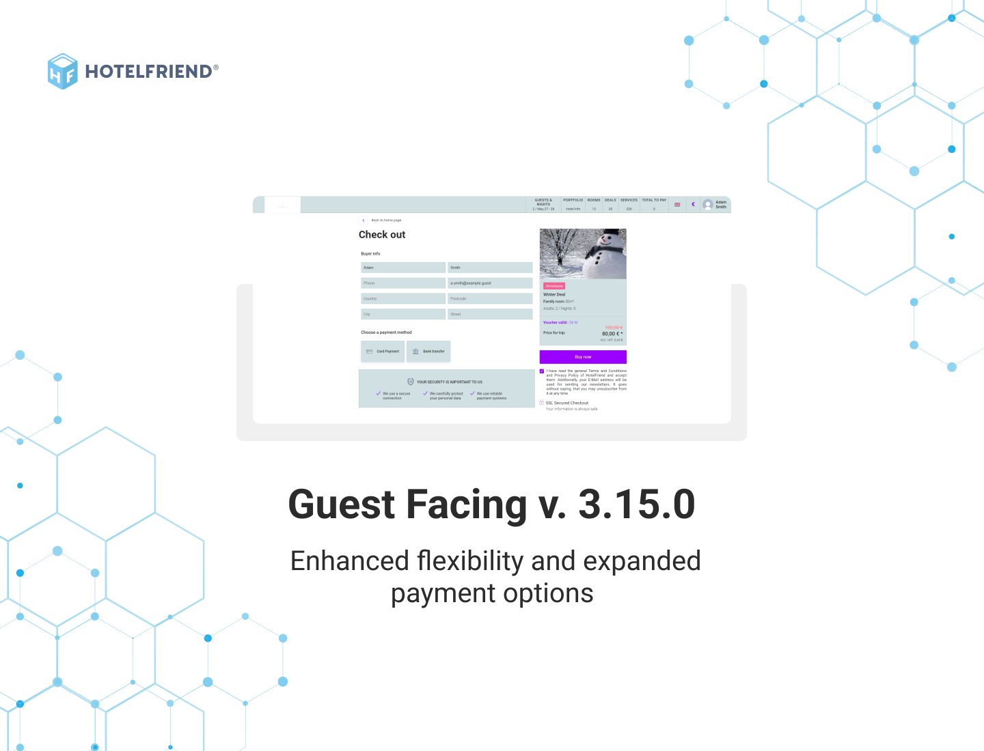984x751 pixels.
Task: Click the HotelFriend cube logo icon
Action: pyautogui.click(x=62, y=71)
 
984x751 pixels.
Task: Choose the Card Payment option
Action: pyautogui.click(x=383, y=352)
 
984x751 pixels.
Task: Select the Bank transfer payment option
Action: pyautogui.click(x=428, y=352)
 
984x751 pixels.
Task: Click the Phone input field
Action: pyautogui.click(x=403, y=283)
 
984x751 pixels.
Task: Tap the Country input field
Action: pyautogui.click(x=403, y=299)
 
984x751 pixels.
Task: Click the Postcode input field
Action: pyautogui.click(x=490, y=299)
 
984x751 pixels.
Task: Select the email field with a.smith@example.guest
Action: pyautogui.click(x=490, y=283)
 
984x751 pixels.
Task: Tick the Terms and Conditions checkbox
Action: pyautogui.click(x=542, y=371)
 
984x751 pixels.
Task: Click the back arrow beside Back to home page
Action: pyautogui.click(x=364, y=221)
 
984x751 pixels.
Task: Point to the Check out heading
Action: pyautogui.click(x=382, y=235)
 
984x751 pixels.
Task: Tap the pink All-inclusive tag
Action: pyautogui.click(x=554, y=286)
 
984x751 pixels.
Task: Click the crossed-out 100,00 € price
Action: pyautogui.click(x=614, y=328)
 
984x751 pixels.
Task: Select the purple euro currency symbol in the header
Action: pyautogui.click(x=693, y=204)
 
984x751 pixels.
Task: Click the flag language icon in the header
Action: pyautogui.click(x=677, y=204)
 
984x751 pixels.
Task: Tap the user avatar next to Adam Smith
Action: pyautogui.click(x=708, y=204)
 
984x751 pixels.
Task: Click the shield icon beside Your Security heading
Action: pyautogui.click(x=411, y=382)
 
